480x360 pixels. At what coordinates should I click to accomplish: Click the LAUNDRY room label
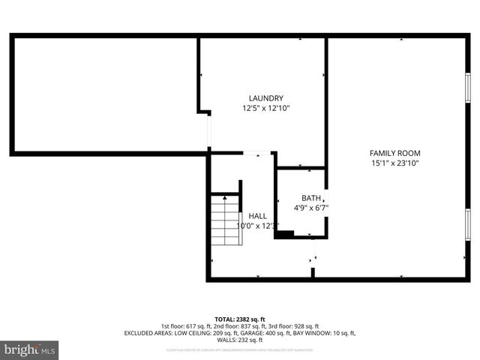(265, 98)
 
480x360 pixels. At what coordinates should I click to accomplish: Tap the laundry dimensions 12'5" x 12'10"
(265, 108)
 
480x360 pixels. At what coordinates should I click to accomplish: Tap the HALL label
(257, 215)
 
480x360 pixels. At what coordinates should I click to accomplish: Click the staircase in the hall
(226, 220)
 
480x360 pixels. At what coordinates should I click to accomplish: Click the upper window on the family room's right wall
(468, 88)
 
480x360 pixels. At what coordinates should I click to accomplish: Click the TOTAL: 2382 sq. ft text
(240, 319)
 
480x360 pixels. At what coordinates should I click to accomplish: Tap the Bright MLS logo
(30, 349)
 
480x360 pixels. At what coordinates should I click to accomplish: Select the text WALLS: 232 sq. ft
(240, 340)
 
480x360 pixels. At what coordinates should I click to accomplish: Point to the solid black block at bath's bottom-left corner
(284, 235)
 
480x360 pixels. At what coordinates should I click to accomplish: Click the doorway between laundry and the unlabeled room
(209, 133)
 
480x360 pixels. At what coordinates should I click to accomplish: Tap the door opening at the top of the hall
(257, 154)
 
